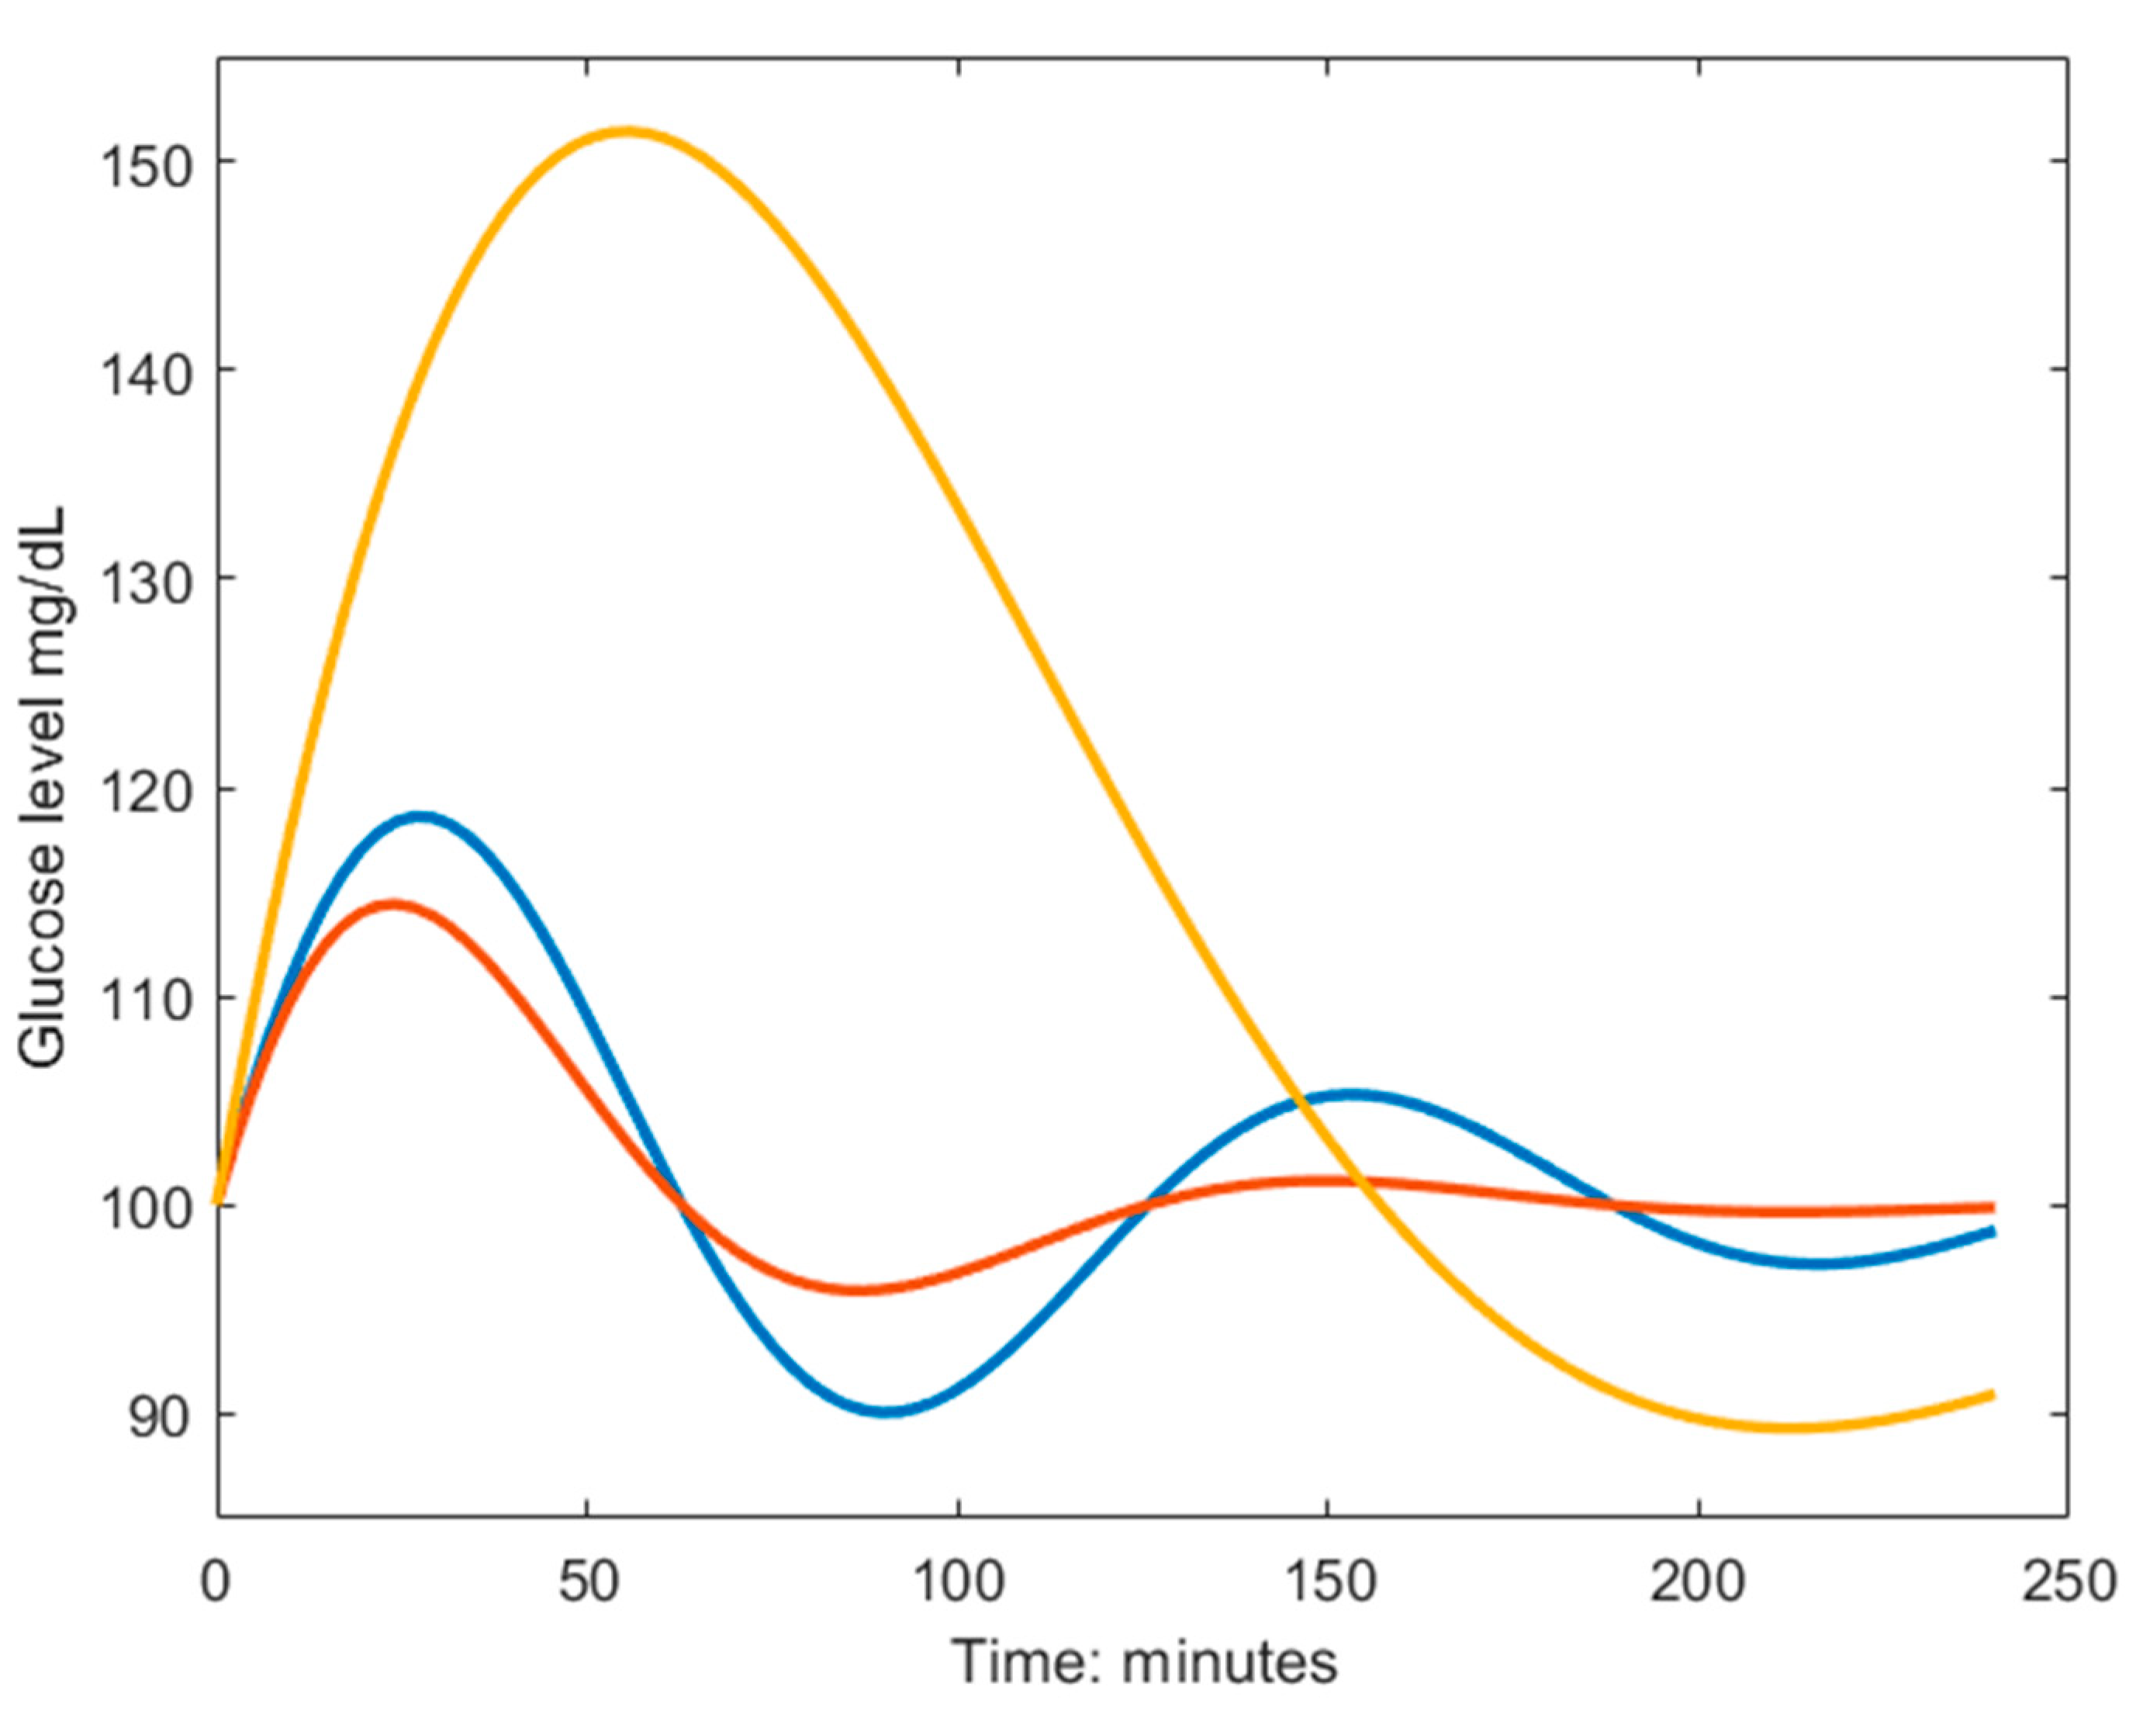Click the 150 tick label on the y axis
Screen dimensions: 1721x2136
146,163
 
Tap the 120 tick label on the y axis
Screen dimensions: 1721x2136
146,790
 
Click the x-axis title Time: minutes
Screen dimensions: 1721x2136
1145,1661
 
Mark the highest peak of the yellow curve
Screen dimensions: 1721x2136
625,132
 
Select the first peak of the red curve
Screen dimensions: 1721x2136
393,904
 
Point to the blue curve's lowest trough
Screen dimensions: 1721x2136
888,1410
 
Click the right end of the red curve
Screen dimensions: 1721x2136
1990,1208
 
